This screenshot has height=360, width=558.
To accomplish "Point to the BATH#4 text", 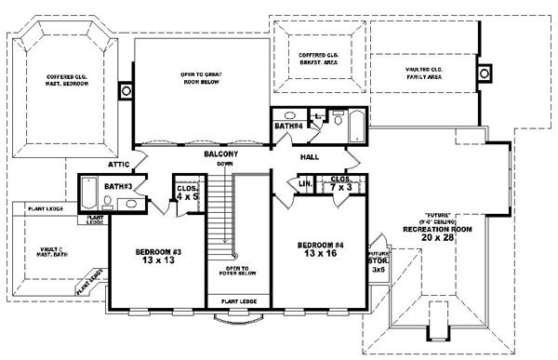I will (x=287, y=125).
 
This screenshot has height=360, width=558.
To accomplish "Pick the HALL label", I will (x=309, y=157).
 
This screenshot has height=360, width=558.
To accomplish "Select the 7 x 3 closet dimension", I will (x=339, y=188).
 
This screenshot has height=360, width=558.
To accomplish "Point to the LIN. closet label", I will (x=305, y=184).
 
